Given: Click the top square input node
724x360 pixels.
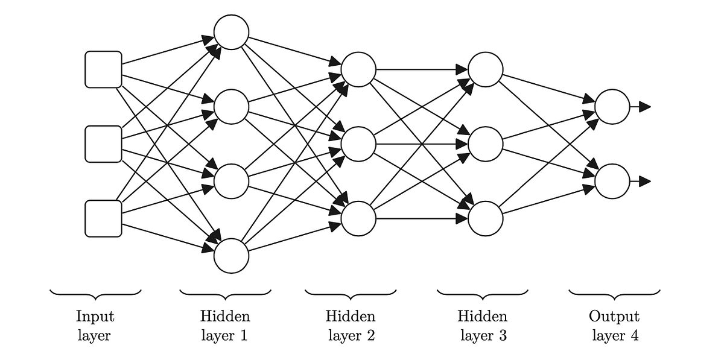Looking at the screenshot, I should point(103,69).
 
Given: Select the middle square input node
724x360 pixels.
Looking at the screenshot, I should point(103,144).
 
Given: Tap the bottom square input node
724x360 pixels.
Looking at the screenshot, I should point(103,218).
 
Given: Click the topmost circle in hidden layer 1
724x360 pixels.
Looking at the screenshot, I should point(231,32).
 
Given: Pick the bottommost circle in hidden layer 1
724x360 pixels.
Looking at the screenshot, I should point(231,256).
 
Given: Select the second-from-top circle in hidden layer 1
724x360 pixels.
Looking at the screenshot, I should point(231,107).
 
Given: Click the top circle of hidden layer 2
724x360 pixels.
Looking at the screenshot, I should point(358,69).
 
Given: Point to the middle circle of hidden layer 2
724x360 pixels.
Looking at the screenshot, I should point(358,144).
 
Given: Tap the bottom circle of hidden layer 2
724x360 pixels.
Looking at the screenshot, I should point(358,218).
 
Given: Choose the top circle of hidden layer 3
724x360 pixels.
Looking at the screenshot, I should point(486,69).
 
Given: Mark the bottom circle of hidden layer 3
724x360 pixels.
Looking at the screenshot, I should point(486,218).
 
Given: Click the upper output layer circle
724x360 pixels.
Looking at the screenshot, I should point(612,107).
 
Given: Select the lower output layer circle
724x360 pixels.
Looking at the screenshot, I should point(612,181).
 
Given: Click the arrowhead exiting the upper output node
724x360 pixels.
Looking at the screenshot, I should point(645,107).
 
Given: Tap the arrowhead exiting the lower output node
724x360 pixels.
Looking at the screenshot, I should point(645,181).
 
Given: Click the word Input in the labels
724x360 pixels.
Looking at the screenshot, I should point(95,316).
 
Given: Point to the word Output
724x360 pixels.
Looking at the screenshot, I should point(614,316).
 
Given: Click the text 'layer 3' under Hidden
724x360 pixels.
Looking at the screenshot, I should point(483,336).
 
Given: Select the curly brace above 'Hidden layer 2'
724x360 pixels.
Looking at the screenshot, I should point(351,293).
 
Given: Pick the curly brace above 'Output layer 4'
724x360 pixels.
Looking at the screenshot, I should point(614,293).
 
